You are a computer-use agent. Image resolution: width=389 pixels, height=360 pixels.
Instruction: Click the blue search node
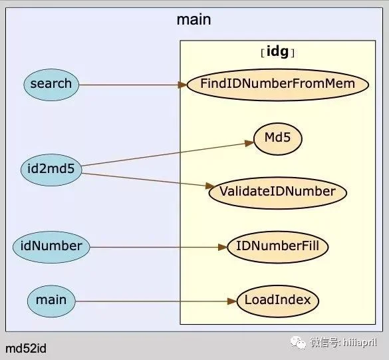click(x=51, y=85)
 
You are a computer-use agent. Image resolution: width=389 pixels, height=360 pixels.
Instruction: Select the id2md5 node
click(x=51, y=170)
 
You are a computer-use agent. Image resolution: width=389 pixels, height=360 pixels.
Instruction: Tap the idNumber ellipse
click(x=51, y=247)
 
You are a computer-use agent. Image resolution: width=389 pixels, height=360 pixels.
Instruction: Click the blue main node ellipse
click(x=51, y=301)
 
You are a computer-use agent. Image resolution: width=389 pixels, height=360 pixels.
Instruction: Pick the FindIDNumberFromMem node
click(x=278, y=85)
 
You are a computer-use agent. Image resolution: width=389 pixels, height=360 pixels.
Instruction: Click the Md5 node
click(x=278, y=139)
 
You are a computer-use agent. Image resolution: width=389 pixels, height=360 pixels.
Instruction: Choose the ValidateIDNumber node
click(x=278, y=193)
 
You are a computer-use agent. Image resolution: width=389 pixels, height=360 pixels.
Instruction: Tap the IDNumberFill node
click(x=278, y=247)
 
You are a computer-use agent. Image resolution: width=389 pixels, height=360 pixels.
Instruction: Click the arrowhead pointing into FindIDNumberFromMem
click(x=183, y=85)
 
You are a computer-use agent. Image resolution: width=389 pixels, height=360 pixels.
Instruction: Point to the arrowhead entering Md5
click(x=249, y=143)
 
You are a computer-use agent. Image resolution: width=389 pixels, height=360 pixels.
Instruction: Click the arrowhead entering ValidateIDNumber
click(x=210, y=186)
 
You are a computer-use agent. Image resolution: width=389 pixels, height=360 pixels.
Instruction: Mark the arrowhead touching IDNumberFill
click(x=223, y=248)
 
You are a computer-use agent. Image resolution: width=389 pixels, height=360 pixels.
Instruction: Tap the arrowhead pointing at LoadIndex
click(x=233, y=301)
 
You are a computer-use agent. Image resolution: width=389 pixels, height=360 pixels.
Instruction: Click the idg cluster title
click(x=278, y=52)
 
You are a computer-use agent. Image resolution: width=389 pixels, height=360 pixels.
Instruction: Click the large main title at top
click(x=194, y=19)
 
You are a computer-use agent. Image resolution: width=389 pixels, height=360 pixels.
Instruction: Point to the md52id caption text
click(x=26, y=349)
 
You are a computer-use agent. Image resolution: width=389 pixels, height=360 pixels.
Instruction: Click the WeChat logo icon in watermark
click(x=298, y=343)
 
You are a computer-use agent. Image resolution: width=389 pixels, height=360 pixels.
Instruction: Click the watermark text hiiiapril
click(x=360, y=343)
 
